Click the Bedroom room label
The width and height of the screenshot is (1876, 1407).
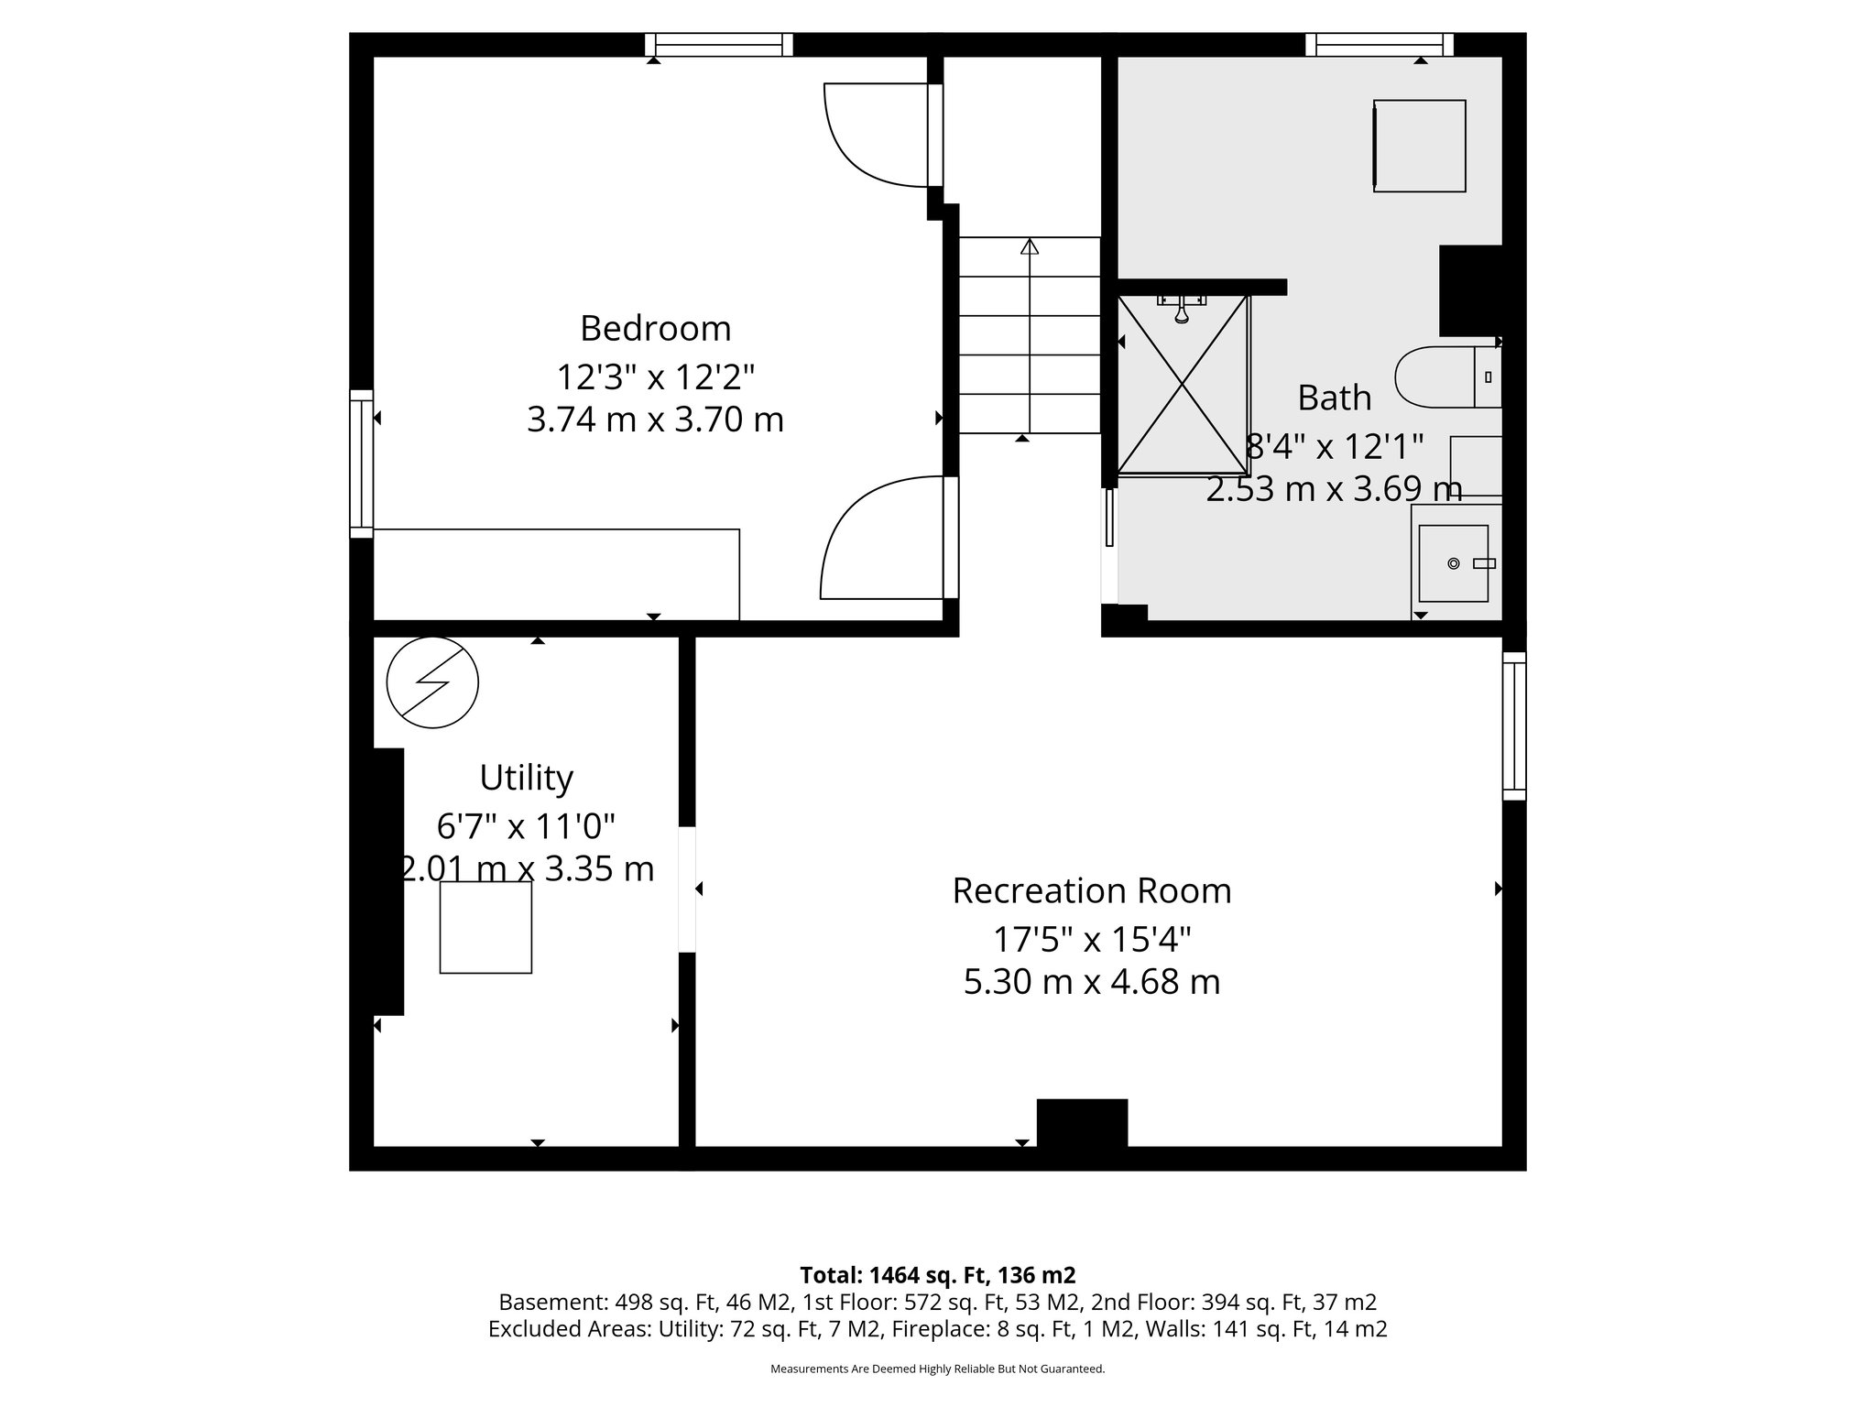[655, 328]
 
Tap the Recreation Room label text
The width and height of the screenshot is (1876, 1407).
[1091, 890]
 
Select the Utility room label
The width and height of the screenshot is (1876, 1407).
[526, 778]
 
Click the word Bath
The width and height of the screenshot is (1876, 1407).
[1334, 398]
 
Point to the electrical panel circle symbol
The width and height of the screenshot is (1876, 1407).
[432, 682]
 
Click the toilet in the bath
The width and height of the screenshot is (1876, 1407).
[1438, 376]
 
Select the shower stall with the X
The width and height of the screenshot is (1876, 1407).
[1183, 385]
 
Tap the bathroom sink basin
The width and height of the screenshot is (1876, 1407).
[1453, 562]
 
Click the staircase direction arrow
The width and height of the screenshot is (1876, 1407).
[1030, 246]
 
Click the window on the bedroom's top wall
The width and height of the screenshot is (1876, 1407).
[718, 45]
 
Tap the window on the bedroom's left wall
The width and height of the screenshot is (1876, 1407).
[362, 464]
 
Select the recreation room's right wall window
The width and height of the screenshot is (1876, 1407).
[1514, 725]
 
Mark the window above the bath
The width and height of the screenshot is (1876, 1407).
[1379, 45]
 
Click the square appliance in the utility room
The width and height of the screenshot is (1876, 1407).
[485, 927]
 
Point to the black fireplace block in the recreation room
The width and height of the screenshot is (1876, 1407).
[1081, 1122]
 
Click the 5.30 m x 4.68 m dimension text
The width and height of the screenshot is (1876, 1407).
[1091, 983]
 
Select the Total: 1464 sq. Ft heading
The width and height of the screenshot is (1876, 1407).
[937, 1275]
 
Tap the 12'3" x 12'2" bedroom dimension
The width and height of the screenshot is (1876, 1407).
[655, 376]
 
